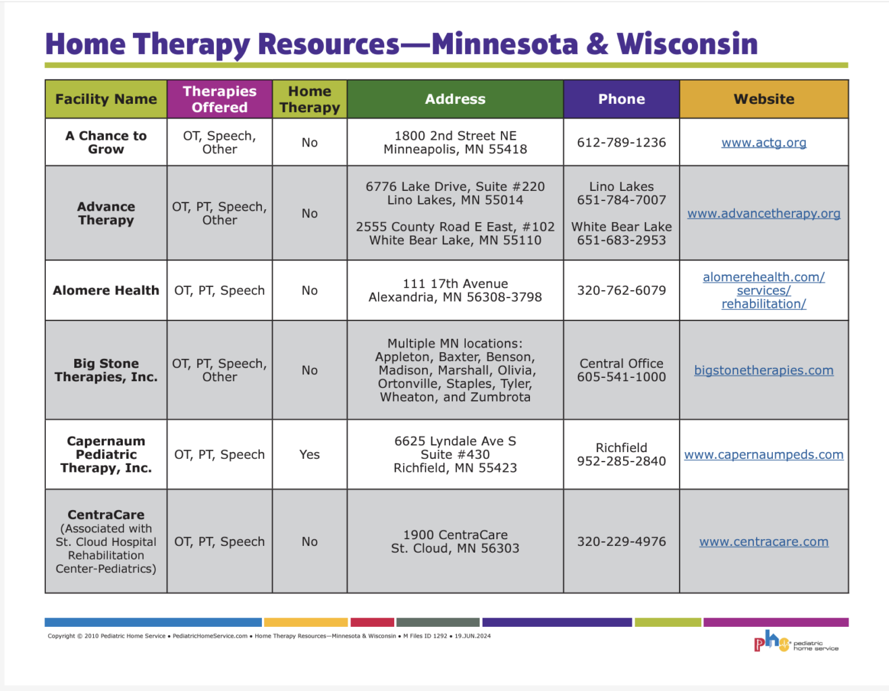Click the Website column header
coord(763,99)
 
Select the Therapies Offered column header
coord(219,99)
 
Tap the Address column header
coord(455,99)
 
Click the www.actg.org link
coord(763,142)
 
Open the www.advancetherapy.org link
coord(763,213)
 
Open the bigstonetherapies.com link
coord(763,370)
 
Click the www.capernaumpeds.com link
coord(763,455)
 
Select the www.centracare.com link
coord(763,542)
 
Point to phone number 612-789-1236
coord(621,142)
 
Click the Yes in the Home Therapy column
coord(309,455)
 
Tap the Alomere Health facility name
coord(106,291)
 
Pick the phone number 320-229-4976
coord(621,542)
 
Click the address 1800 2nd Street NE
coord(455,136)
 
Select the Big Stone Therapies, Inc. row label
coord(106,370)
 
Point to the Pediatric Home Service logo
coord(795,642)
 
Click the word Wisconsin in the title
coord(686,44)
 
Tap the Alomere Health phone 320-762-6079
coord(621,291)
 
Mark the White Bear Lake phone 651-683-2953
coord(621,240)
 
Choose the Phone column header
coord(621,99)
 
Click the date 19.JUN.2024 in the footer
coord(473,636)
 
